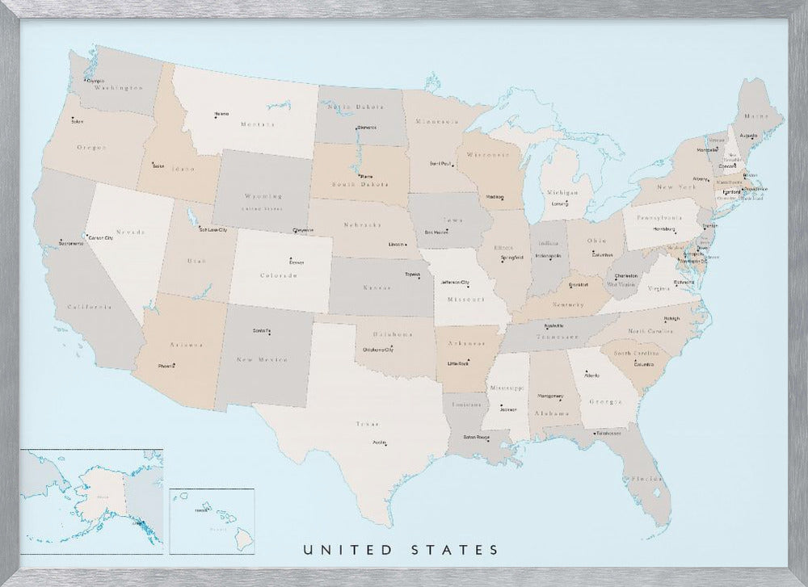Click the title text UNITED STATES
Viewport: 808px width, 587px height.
click(401, 550)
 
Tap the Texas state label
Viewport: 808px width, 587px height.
click(368, 423)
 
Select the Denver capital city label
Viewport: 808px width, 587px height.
click(297, 262)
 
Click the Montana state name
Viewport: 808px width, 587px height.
click(257, 124)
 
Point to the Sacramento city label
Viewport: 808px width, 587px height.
click(70, 243)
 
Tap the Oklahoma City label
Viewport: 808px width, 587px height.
click(377, 350)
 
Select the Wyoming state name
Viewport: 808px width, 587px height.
click(264, 196)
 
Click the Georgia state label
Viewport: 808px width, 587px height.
click(604, 401)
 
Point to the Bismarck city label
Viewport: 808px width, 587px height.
click(367, 128)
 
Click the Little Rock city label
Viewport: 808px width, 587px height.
click(458, 364)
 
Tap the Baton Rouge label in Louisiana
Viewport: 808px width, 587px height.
click(476, 437)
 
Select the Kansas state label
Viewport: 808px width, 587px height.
click(377, 287)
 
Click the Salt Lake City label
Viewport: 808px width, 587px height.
click(213, 230)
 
